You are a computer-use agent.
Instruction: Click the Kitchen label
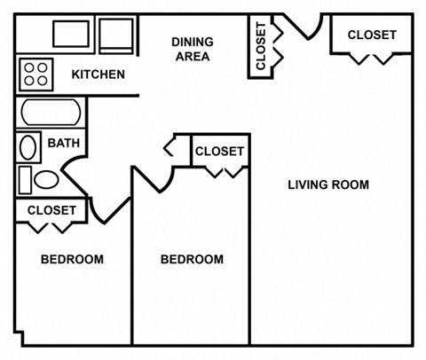click(x=99, y=74)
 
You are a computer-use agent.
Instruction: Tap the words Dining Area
click(x=193, y=49)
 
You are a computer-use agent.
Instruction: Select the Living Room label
click(x=328, y=185)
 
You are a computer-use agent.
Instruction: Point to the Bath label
click(x=64, y=143)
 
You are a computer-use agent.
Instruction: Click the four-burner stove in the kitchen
click(x=36, y=74)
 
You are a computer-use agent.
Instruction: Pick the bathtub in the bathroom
click(x=51, y=113)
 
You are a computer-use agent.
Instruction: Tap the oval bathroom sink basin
click(x=28, y=147)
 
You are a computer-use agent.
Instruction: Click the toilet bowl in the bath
click(x=46, y=180)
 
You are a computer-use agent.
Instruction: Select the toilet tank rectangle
click(x=25, y=180)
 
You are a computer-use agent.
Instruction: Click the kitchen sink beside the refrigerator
click(x=71, y=34)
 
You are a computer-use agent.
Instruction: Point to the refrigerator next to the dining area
click(x=116, y=36)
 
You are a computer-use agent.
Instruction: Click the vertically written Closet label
click(x=261, y=46)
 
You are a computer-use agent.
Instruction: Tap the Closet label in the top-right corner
click(x=372, y=35)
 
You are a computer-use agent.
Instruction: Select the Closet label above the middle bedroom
click(x=219, y=152)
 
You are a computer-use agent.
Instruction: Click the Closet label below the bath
click(x=51, y=210)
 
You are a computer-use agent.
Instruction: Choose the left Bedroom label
click(x=72, y=260)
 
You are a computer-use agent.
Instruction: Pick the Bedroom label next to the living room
click(x=192, y=260)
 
